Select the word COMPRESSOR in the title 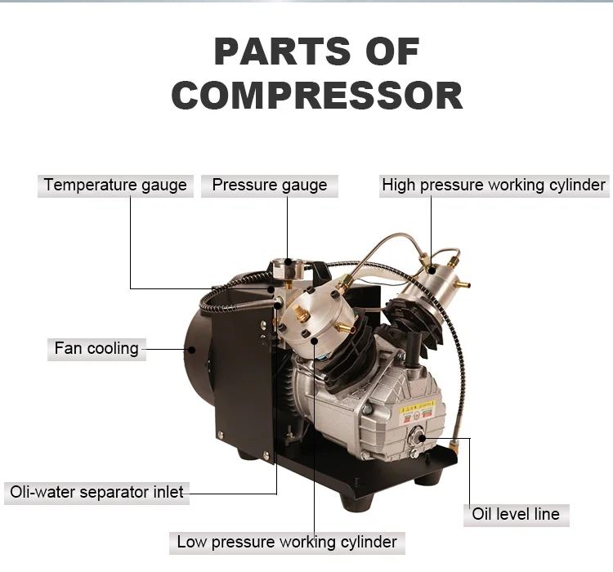coord(317,96)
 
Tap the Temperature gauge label coord(115,185)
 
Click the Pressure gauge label coord(270,185)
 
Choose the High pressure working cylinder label coord(494,185)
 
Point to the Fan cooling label coord(96,349)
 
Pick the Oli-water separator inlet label coord(96,492)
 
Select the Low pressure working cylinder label coord(287,542)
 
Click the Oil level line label coord(516,515)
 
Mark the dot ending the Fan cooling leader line coord(191,349)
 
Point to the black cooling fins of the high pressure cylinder coord(415,319)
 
